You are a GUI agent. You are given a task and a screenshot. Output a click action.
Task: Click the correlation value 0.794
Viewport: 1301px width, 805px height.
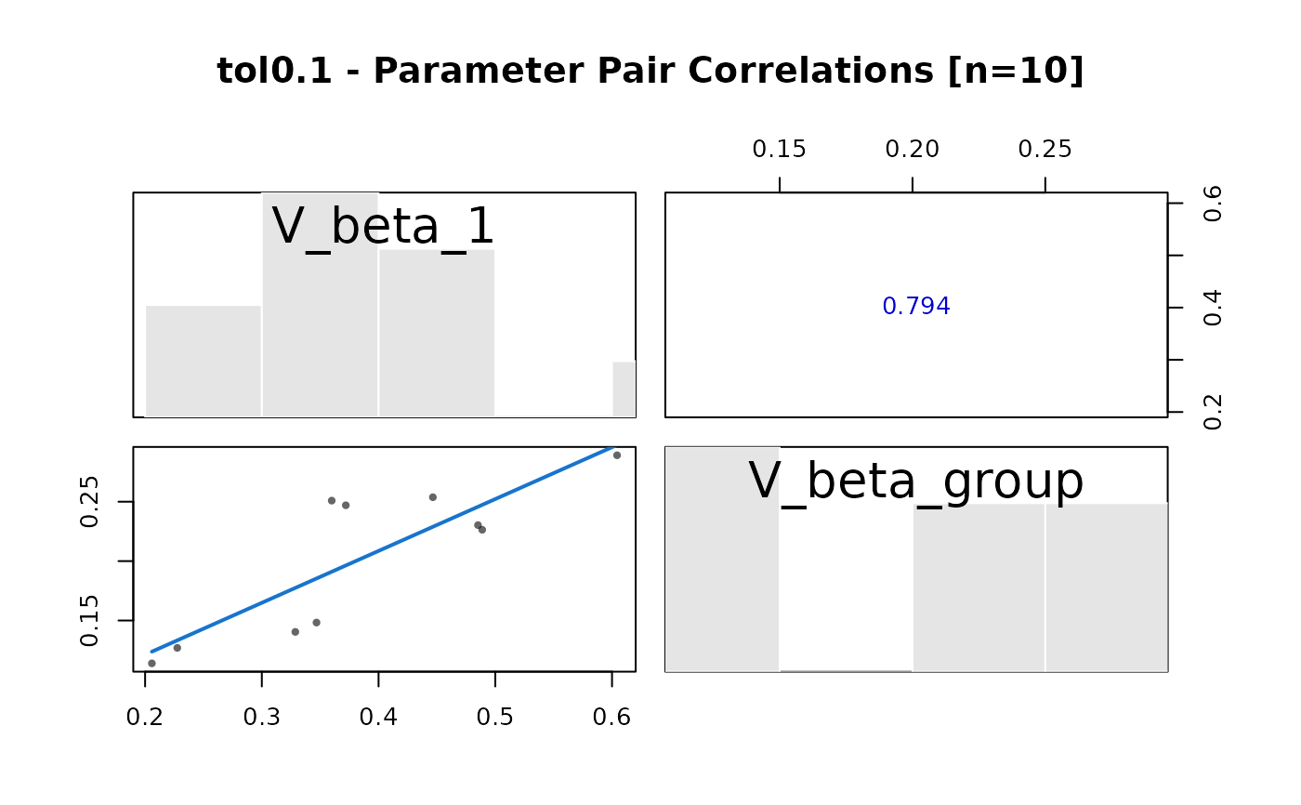tap(915, 307)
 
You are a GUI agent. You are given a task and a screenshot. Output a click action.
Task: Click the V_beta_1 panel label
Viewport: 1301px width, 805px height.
tap(383, 227)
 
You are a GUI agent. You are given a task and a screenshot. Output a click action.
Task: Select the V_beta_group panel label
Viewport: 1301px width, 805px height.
tap(915, 482)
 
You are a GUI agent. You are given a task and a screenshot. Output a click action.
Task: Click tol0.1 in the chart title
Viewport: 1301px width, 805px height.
tap(274, 71)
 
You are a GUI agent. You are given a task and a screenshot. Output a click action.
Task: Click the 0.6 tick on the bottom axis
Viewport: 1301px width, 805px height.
tap(611, 717)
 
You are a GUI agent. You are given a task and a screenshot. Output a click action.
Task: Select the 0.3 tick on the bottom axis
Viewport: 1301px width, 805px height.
tap(262, 717)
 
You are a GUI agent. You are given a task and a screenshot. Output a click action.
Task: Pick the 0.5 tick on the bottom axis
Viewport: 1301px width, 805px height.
tap(495, 717)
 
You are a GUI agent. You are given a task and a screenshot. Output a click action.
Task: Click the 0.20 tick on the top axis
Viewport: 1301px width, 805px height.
tap(912, 149)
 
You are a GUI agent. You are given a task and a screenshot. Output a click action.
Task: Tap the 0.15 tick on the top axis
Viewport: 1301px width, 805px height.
tap(779, 149)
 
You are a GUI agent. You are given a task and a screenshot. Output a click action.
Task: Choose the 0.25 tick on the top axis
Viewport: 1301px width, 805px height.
tap(1045, 149)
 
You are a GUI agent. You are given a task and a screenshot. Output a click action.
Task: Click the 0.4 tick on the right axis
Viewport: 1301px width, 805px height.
tap(1212, 308)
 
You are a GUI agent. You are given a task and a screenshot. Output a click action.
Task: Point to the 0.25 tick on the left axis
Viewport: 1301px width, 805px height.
tap(89, 502)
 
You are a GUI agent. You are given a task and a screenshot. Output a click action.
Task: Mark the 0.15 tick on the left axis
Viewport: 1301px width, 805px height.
tap(89, 620)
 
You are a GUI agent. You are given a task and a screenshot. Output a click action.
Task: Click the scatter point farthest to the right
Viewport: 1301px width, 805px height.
tap(617, 455)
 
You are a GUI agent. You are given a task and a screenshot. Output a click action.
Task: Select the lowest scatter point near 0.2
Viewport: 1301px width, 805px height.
tap(151, 663)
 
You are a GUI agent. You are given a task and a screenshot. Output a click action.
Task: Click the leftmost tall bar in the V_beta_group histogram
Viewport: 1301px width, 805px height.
tap(722, 558)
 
